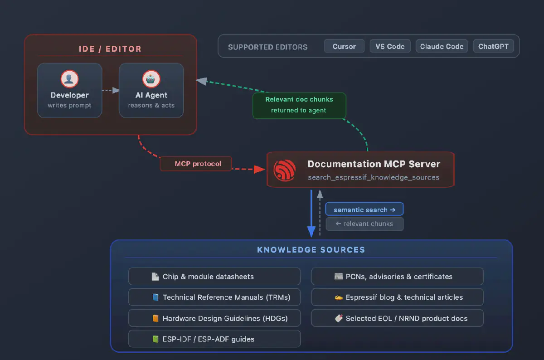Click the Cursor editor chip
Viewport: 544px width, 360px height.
click(x=344, y=46)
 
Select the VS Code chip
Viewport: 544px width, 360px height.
click(x=390, y=46)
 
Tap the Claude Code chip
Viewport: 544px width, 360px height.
click(x=442, y=46)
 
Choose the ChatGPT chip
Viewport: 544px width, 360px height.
click(x=493, y=46)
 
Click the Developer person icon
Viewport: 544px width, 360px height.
click(x=69, y=79)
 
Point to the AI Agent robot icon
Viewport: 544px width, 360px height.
click(x=151, y=79)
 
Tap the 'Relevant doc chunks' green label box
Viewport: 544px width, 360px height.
click(x=299, y=105)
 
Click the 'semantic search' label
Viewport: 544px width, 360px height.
click(x=364, y=209)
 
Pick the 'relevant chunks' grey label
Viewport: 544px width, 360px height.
click(x=364, y=224)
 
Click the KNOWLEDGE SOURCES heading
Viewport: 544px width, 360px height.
click(x=311, y=250)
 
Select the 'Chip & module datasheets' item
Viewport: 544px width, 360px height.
click(x=214, y=276)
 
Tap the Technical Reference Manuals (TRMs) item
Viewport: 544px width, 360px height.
click(x=214, y=297)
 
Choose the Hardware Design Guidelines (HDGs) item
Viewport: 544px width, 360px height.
click(x=214, y=318)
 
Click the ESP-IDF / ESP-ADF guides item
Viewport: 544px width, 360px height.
click(x=214, y=339)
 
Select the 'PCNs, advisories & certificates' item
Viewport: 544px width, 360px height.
click(x=397, y=276)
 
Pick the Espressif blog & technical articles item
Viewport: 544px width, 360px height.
click(x=397, y=297)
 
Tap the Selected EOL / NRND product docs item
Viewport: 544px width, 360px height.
click(x=397, y=318)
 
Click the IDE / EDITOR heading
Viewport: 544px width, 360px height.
click(x=110, y=49)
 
